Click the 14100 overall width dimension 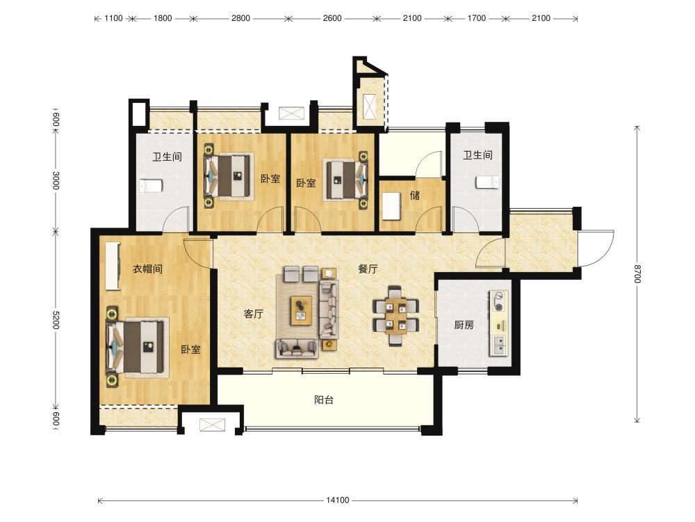click(338, 500)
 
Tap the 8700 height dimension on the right click(637, 274)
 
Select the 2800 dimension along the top click(240, 18)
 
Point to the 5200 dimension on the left click(56, 319)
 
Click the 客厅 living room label click(254, 315)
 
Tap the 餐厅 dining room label click(368, 269)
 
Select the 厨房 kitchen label click(464, 325)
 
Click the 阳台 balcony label click(324, 400)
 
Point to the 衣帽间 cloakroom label click(147, 269)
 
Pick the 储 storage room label click(415, 196)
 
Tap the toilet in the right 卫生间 click(488, 182)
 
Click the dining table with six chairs click(395, 315)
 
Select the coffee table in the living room click(301, 310)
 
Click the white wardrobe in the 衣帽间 click(113, 266)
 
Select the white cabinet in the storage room click(391, 205)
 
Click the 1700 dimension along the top click(477, 18)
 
